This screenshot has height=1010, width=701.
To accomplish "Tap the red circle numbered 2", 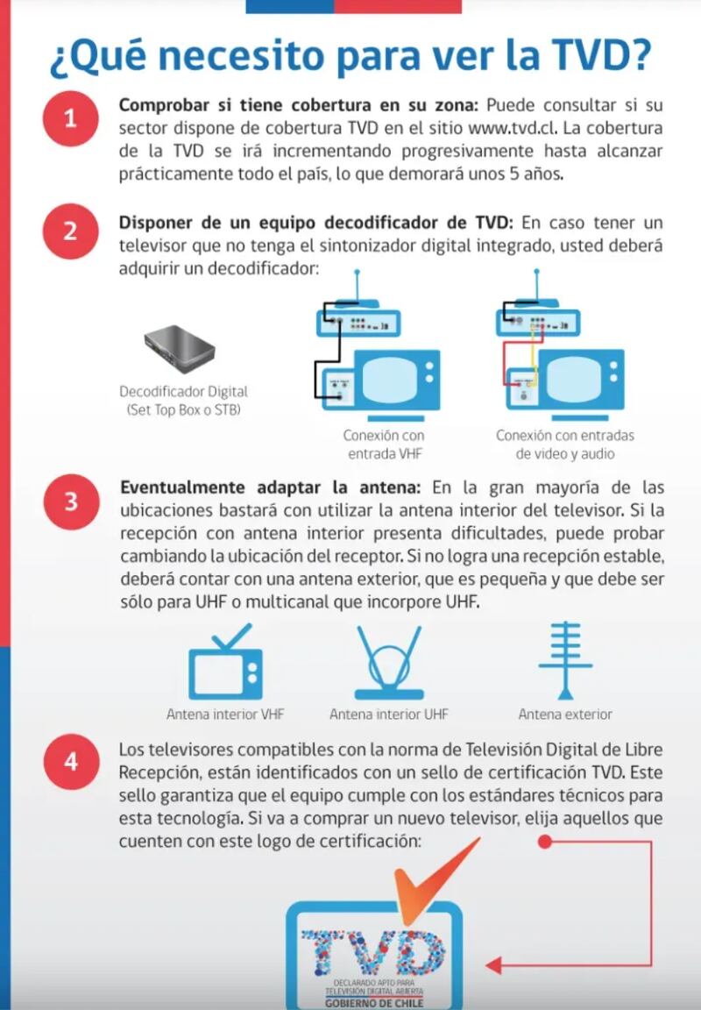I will tap(70, 232).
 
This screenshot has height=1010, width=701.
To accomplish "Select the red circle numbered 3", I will tap(70, 502).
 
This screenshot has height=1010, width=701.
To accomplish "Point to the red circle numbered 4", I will tap(70, 762).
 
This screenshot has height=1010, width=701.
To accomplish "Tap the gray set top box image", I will tap(179, 348).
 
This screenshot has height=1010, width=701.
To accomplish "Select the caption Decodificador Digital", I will tap(184, 392).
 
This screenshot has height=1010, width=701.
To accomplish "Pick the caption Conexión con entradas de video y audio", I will tap(565, 445).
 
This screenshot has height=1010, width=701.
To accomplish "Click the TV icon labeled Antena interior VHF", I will tap(225, 664).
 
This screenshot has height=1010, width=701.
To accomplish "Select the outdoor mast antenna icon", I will tap(565, 658).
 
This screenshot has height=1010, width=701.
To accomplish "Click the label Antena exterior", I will tap(565, 715).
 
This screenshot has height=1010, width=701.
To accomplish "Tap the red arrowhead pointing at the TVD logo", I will tap(493, 965).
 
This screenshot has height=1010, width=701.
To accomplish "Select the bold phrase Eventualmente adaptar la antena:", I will tap(271, 487).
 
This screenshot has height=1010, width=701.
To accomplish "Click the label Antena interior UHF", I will tap(389, 715).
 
